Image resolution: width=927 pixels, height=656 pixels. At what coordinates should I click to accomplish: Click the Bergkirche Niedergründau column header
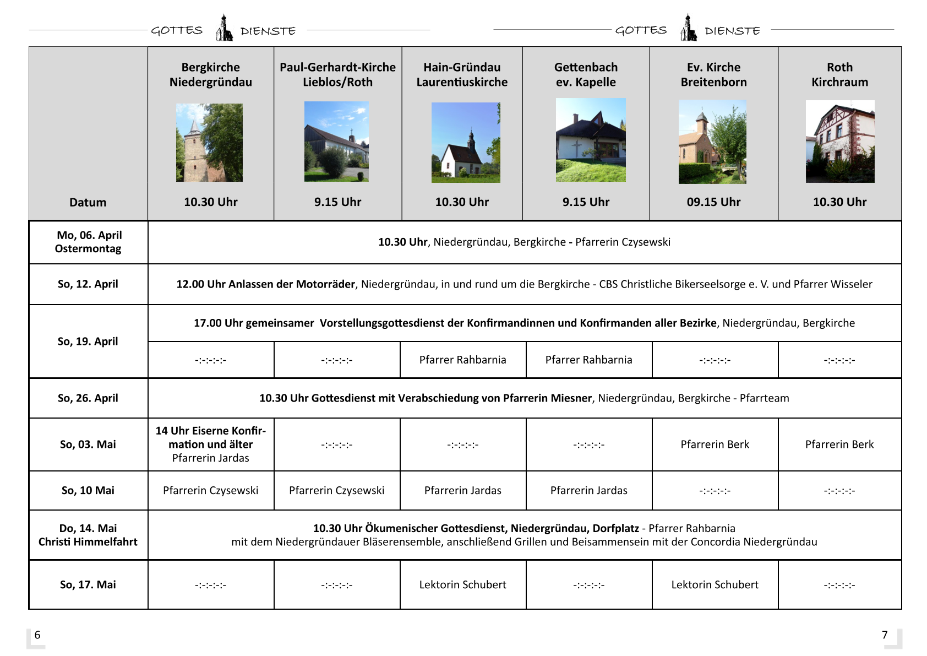coord(210,74)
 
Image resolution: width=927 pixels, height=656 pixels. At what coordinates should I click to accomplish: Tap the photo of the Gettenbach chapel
coord(591,140)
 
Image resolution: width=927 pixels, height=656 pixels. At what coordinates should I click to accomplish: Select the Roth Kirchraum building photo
coord(839,142)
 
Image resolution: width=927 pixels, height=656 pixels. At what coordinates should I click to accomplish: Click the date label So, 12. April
coord(88,284)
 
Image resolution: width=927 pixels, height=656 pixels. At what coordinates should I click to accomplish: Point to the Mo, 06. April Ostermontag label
coord(88,242)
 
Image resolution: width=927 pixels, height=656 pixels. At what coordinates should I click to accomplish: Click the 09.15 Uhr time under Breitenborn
coord(713,202)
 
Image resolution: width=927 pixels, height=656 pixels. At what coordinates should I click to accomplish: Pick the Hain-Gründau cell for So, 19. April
coord(462,360)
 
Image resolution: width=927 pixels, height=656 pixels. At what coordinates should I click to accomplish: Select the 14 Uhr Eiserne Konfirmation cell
coord(210,444)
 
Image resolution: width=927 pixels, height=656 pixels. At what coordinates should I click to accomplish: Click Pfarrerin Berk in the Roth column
coord(839,444)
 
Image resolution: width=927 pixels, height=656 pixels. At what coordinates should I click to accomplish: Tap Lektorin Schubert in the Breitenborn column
coord(715,584)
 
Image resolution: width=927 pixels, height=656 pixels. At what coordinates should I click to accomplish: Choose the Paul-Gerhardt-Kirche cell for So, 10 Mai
coord(336,490)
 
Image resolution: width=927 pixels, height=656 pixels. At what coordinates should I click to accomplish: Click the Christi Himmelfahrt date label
coord(88,541)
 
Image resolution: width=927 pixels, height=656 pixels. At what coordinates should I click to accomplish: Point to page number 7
coord(885,635)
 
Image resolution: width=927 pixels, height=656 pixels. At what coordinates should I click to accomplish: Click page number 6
coord(37,635)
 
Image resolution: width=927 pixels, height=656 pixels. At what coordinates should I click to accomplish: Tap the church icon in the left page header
coord(223,28)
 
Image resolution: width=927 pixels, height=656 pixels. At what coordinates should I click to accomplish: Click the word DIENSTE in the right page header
coord(732,31)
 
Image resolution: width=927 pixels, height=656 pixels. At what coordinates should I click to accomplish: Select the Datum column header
coord(88,202)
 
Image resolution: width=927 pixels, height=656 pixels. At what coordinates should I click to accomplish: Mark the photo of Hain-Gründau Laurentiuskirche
coord(466,142)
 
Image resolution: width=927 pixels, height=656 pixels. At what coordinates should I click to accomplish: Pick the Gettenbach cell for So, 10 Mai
coord(588,490)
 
